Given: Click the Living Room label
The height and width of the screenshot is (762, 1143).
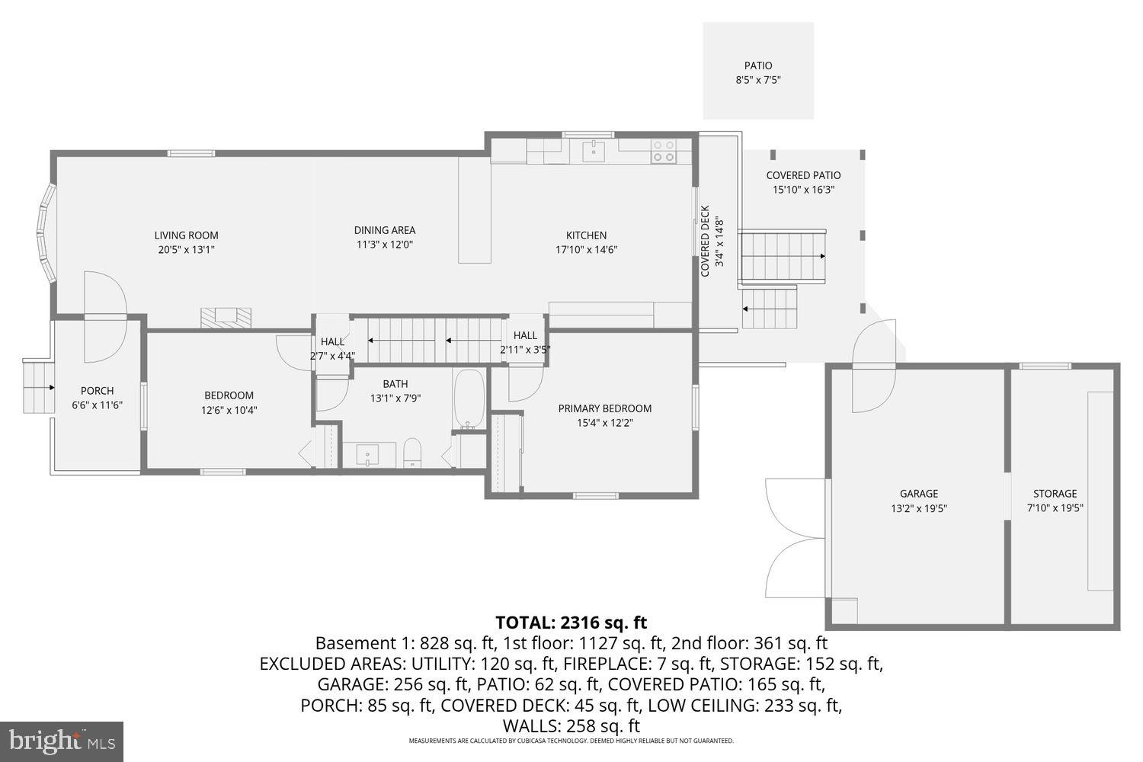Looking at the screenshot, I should (x=186, y=235).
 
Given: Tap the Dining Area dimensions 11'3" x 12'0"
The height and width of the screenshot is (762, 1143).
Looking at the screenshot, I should (x=384, y=245).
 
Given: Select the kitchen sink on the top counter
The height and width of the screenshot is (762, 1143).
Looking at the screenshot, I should (x=593, y=151).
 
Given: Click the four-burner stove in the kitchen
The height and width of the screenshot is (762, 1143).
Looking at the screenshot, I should (x=663, y=151).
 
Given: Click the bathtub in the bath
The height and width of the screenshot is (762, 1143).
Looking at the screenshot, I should (x=469, y=399).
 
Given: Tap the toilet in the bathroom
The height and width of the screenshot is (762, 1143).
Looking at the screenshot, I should (x=412, y=452).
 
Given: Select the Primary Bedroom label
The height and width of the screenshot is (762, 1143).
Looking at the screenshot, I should (x=604, y=408).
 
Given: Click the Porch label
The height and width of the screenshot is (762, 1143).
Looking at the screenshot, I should (x=97, y=391).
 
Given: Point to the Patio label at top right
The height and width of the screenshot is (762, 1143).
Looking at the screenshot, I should (x=757, y=66).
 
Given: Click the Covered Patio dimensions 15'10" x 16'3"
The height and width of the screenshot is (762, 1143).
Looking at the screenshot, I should (x=803, y=190).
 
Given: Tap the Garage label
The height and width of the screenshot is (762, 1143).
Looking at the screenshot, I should (x=918, y=494).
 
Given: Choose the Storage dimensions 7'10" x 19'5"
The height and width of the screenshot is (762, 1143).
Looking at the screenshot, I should (x=1055, y=508).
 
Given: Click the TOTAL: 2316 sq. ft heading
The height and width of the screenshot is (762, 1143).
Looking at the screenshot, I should (x=571, y=622).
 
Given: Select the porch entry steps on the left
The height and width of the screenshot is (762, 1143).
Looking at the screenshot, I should (x=38, y=387).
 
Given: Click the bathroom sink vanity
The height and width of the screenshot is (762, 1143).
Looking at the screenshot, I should (x=368, y=455).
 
